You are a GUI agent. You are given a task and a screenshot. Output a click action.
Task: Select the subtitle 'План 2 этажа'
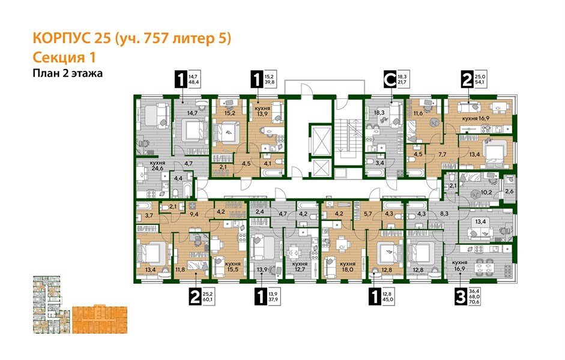[x=68, y=74]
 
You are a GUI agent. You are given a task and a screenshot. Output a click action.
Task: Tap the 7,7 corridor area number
[x=442, y=155]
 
